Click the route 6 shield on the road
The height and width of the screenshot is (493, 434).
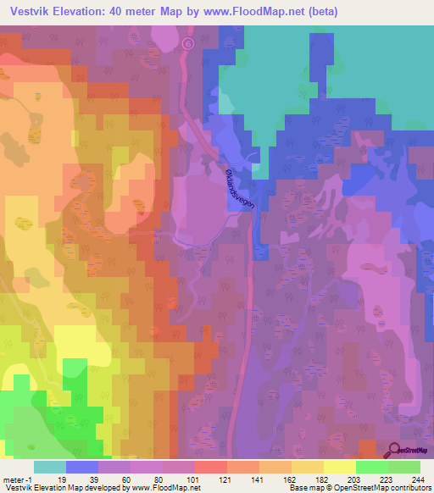[188, 43]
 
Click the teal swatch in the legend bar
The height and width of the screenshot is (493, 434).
[49, 467]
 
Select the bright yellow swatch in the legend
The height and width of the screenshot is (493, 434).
[340, 467]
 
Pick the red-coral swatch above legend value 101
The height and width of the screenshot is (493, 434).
[211, 467]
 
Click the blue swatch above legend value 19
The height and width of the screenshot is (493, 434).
[81, 467]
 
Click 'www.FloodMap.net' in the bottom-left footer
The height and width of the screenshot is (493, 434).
[167, 488]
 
